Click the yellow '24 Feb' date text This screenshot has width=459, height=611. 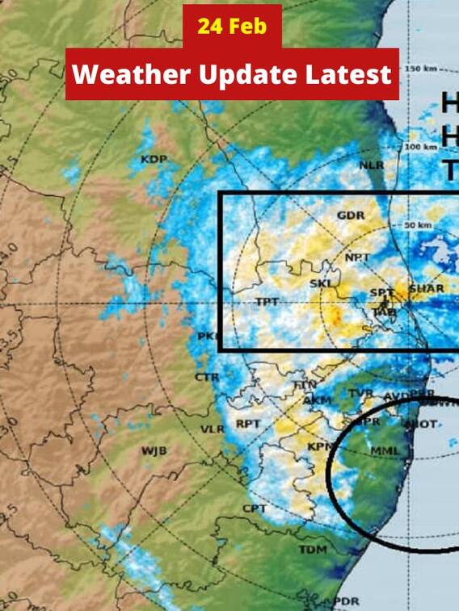coord(231,27)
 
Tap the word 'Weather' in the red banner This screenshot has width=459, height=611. coord(128,74)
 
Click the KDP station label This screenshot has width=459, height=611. coord(154,159)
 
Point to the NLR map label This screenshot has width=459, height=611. coord(372,165)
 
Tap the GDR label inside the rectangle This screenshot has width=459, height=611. coord(351,216)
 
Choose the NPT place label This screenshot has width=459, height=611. coord(357,257)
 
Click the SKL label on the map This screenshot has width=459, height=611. coord(321,283)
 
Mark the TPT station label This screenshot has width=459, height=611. coord(267,302)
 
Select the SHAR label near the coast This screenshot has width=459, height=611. coord(422,288)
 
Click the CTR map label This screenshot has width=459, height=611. coord(207,377)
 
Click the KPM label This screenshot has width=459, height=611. coord(322,446)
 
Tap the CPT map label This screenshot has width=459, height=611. coord(254,508)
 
